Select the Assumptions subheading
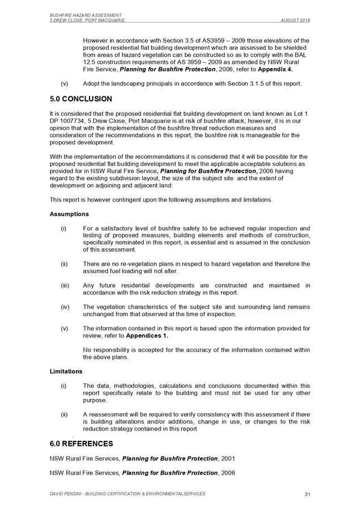pyautogui.click(x=69, y=215)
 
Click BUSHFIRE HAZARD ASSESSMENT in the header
pyautogui.click(x=80, y=15)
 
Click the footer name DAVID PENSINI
pyautogui.click(x=66, y=494)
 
